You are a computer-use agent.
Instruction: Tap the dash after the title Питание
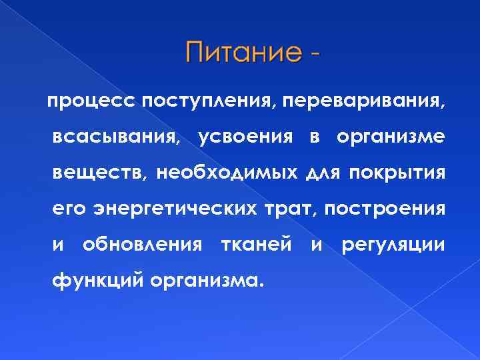click(313, 53)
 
